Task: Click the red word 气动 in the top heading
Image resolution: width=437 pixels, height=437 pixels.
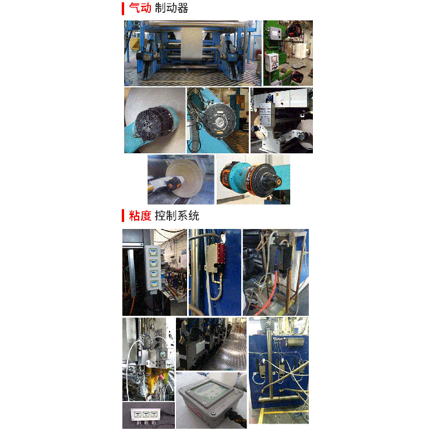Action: click(140, 8)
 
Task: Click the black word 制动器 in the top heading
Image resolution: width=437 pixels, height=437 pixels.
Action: click(171, 8)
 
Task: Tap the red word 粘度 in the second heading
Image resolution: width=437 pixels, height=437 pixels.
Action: click(140, 216)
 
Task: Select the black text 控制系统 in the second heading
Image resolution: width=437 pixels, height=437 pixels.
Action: click(177, 216)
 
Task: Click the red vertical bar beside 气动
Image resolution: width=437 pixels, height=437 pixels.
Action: click(123, 8)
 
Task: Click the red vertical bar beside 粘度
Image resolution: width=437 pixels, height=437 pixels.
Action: click(123, 216)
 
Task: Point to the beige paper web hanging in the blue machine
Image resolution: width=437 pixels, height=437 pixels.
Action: click(191, 44)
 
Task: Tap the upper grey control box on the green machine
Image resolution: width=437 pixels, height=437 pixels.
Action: click(274, 34)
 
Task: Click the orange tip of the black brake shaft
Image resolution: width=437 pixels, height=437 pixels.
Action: click(278, 181)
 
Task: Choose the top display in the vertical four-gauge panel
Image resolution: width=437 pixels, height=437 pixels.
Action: click(153, 252)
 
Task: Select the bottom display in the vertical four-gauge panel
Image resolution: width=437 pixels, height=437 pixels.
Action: click(154, 284)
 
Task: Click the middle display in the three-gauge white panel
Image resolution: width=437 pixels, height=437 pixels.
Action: click(145, 414)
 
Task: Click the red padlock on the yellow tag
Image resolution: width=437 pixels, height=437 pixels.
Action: click(161, 377)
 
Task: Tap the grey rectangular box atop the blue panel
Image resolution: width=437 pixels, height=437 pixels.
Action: click(294, 341)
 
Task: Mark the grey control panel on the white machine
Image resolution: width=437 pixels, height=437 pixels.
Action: click(266, 114)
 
